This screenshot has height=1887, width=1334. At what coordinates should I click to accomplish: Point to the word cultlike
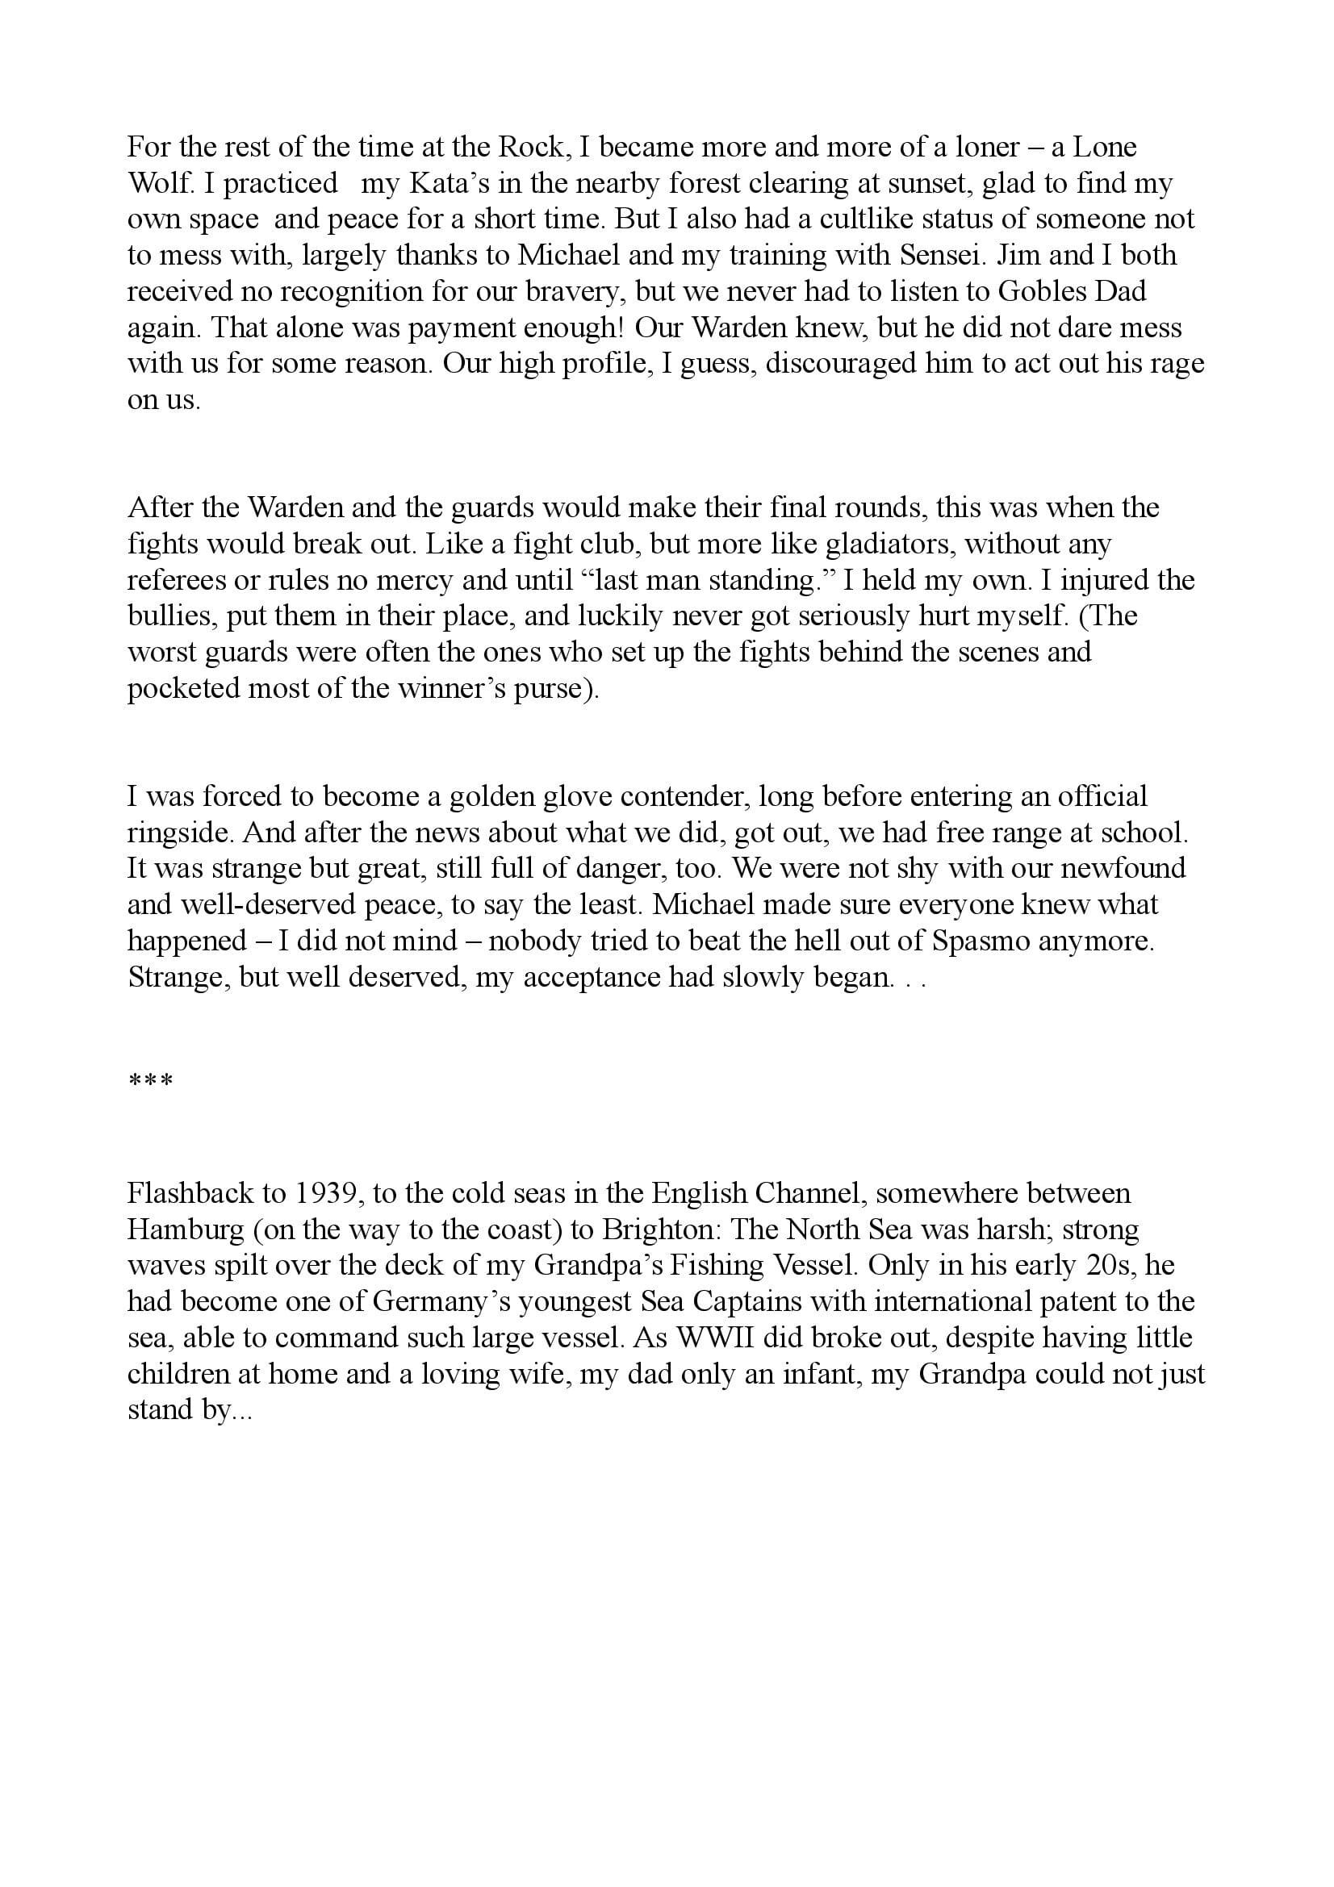[x=908, y=219]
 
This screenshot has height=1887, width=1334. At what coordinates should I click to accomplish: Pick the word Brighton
[x=659, y=1229]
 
